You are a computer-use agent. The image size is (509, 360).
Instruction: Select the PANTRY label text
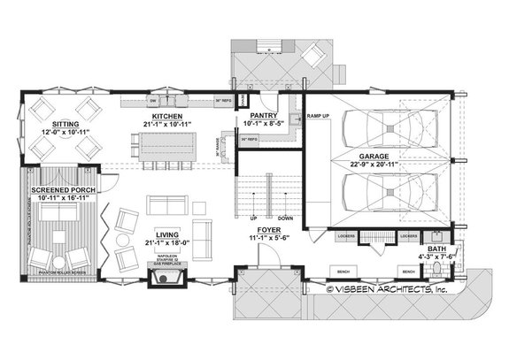[265, 116]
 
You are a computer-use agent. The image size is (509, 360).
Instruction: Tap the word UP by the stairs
[253, 218]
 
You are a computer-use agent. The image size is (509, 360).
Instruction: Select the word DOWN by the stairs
[285, 218]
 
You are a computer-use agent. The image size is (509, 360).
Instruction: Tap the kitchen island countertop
[168, 146]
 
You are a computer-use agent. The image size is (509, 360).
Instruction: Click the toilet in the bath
[436, 234]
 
